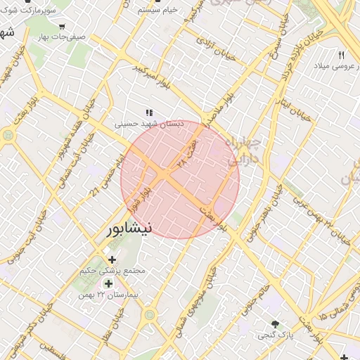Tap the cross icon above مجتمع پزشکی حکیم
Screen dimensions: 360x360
pyautogui.click(x=112, y=260)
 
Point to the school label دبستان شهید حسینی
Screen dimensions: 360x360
pyautogui.click(x=149, y=123)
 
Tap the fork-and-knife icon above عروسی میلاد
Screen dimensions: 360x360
pyautogui.click(x=342, y=55)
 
